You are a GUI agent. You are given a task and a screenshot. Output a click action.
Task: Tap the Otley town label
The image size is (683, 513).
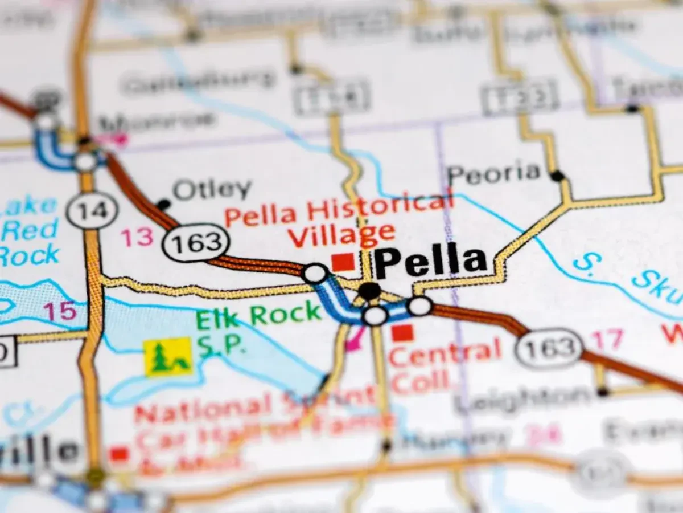tap(212, 189)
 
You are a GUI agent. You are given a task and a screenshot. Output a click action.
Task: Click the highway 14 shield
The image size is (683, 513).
tap(92, 210)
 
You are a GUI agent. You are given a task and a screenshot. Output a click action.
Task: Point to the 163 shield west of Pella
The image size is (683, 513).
tap(196, 244)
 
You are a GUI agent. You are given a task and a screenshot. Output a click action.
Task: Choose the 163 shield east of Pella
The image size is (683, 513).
tap(549, 348)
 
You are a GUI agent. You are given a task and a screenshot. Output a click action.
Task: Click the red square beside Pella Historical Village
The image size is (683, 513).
tap(343, 262)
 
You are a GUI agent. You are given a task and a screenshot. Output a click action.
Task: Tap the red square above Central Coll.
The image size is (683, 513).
tap(402, 333)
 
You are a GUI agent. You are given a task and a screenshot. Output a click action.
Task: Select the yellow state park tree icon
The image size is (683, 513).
tap(168, 357)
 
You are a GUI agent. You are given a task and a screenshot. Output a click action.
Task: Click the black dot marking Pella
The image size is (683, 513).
tap(369, 291)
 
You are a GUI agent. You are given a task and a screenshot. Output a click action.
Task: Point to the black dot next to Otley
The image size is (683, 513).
tap(163, 204)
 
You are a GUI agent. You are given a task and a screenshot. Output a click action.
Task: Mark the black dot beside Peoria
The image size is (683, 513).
tap(557, 176)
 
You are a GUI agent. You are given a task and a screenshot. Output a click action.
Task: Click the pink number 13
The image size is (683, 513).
tap(137, 238)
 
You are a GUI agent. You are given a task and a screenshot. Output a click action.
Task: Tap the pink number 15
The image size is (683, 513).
tap(60, 311)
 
